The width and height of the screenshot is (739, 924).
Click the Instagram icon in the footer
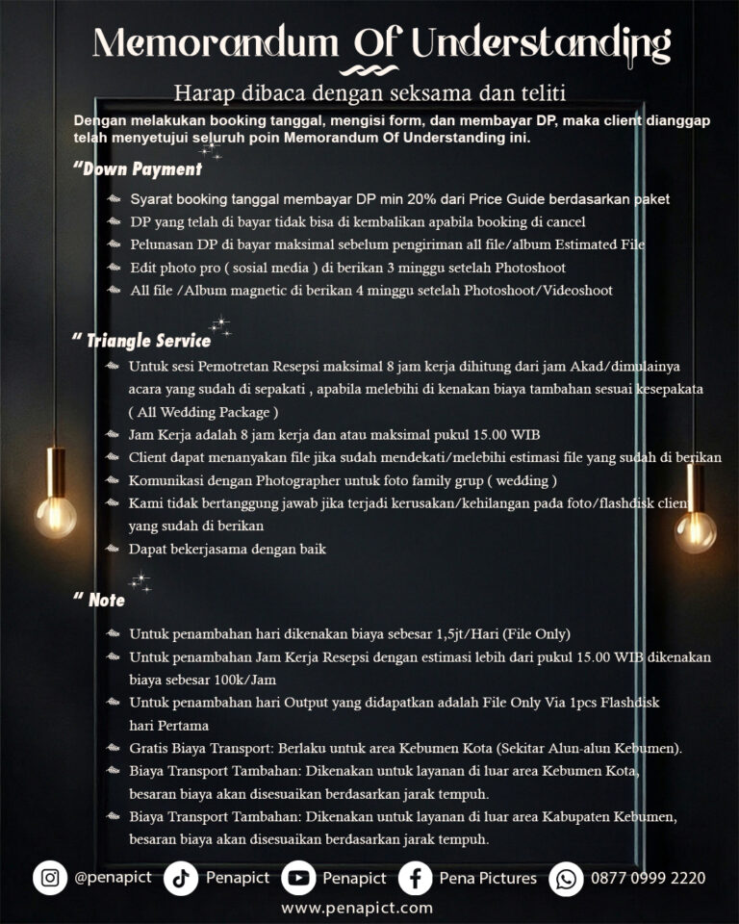[50, 878]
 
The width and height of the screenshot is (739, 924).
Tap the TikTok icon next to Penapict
[180, 878]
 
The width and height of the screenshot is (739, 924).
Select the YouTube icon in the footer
[299, 878]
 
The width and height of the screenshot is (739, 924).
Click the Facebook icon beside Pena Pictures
[415, 878]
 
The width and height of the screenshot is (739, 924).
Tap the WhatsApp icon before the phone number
[566, 878]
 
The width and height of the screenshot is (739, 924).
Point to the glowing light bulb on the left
[56, 515]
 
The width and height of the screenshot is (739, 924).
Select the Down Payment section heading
[140, 169]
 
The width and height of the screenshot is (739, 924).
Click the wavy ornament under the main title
[369, 69]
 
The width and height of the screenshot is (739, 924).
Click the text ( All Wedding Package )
[203, 412]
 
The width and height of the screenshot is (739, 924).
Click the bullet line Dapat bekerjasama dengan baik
[228, 550]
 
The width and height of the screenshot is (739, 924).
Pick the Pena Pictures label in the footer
[488, 878]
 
